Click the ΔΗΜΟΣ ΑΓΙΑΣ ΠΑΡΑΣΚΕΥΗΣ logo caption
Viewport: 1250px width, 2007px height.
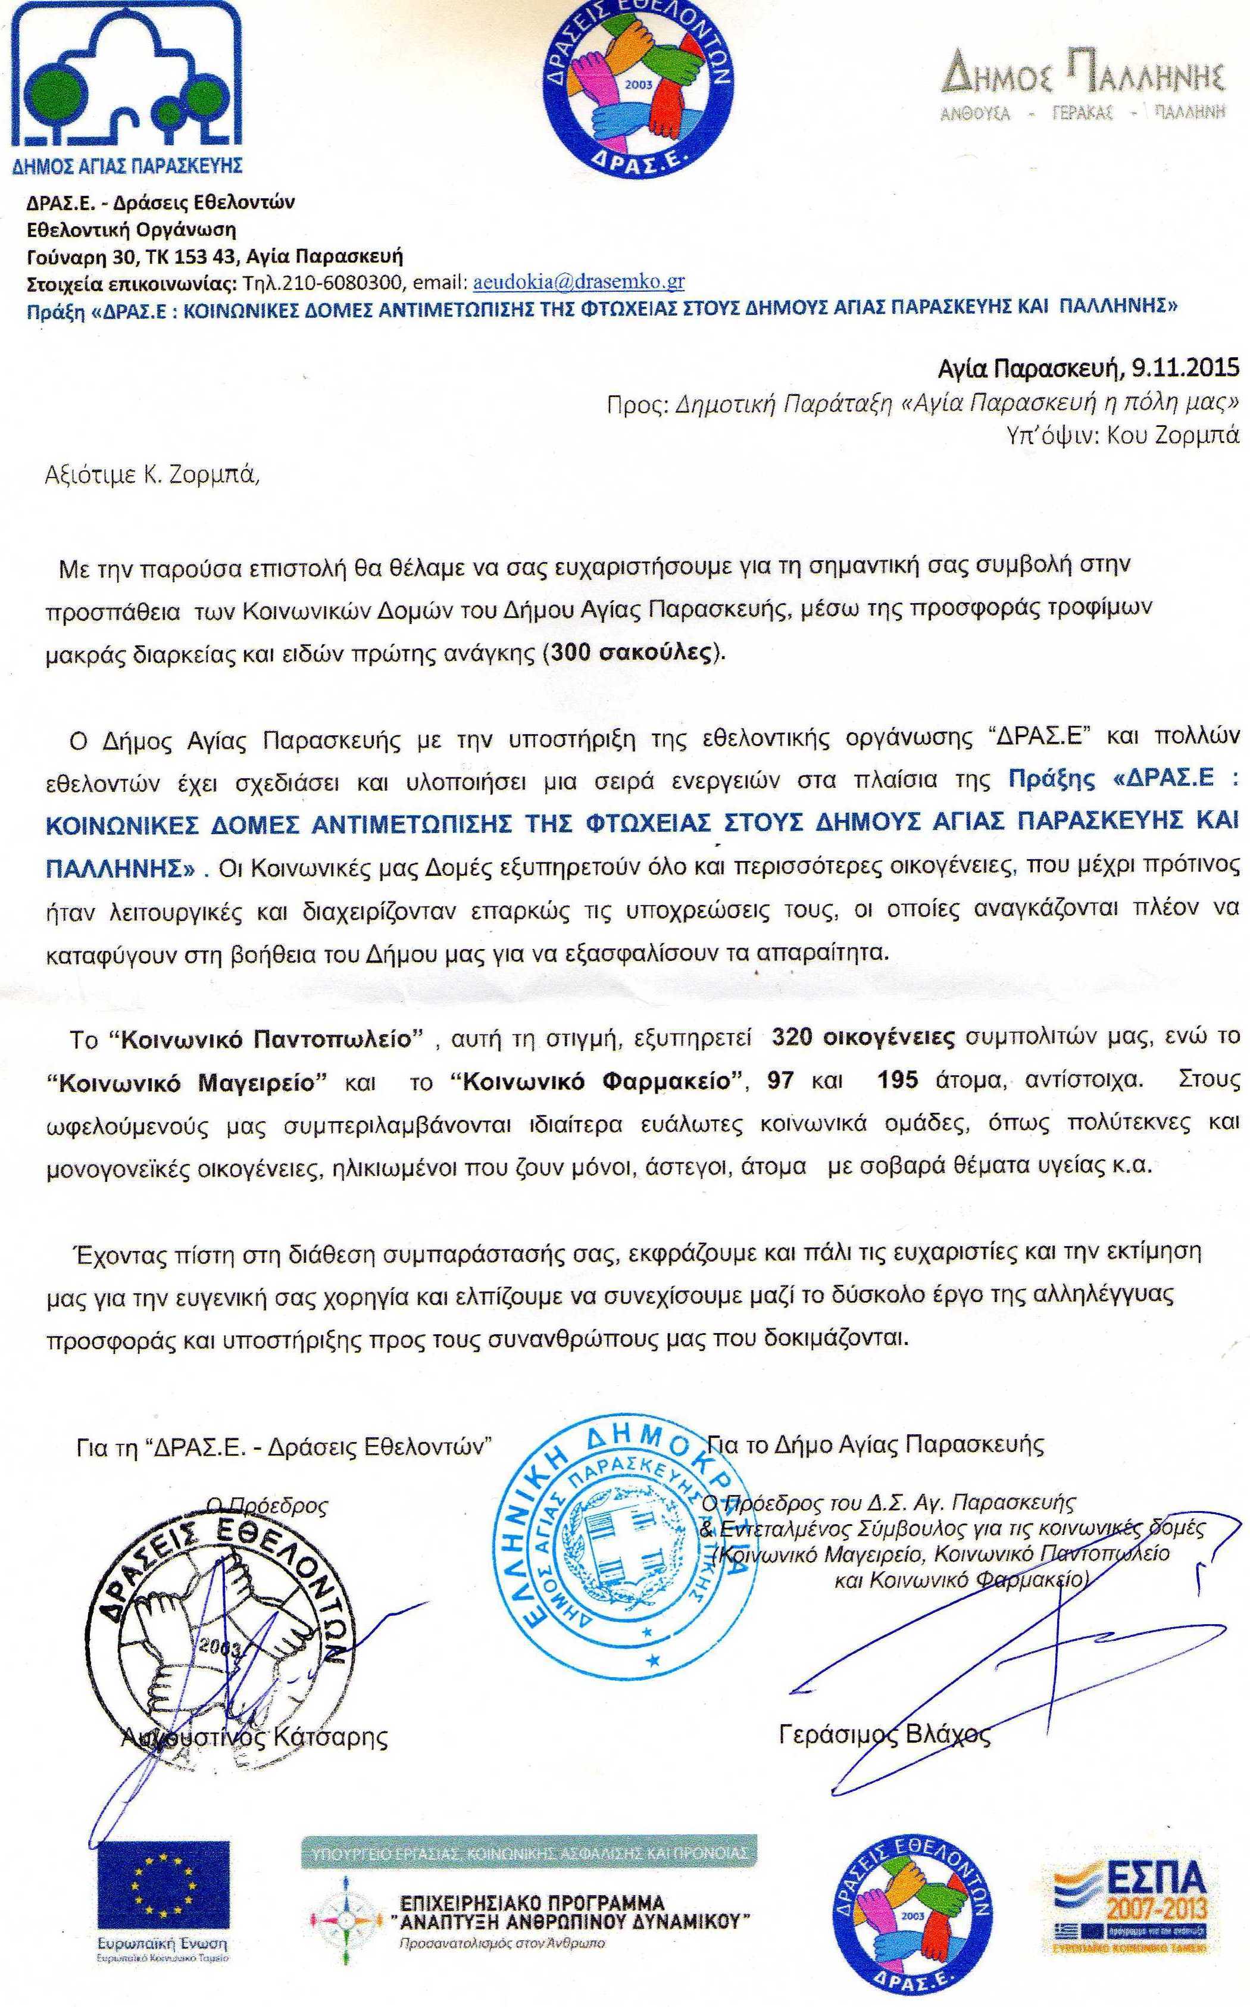(127, 166)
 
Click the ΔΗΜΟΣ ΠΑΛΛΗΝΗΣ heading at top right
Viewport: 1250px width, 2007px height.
(1083, 79)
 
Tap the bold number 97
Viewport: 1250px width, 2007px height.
(781, 1081)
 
